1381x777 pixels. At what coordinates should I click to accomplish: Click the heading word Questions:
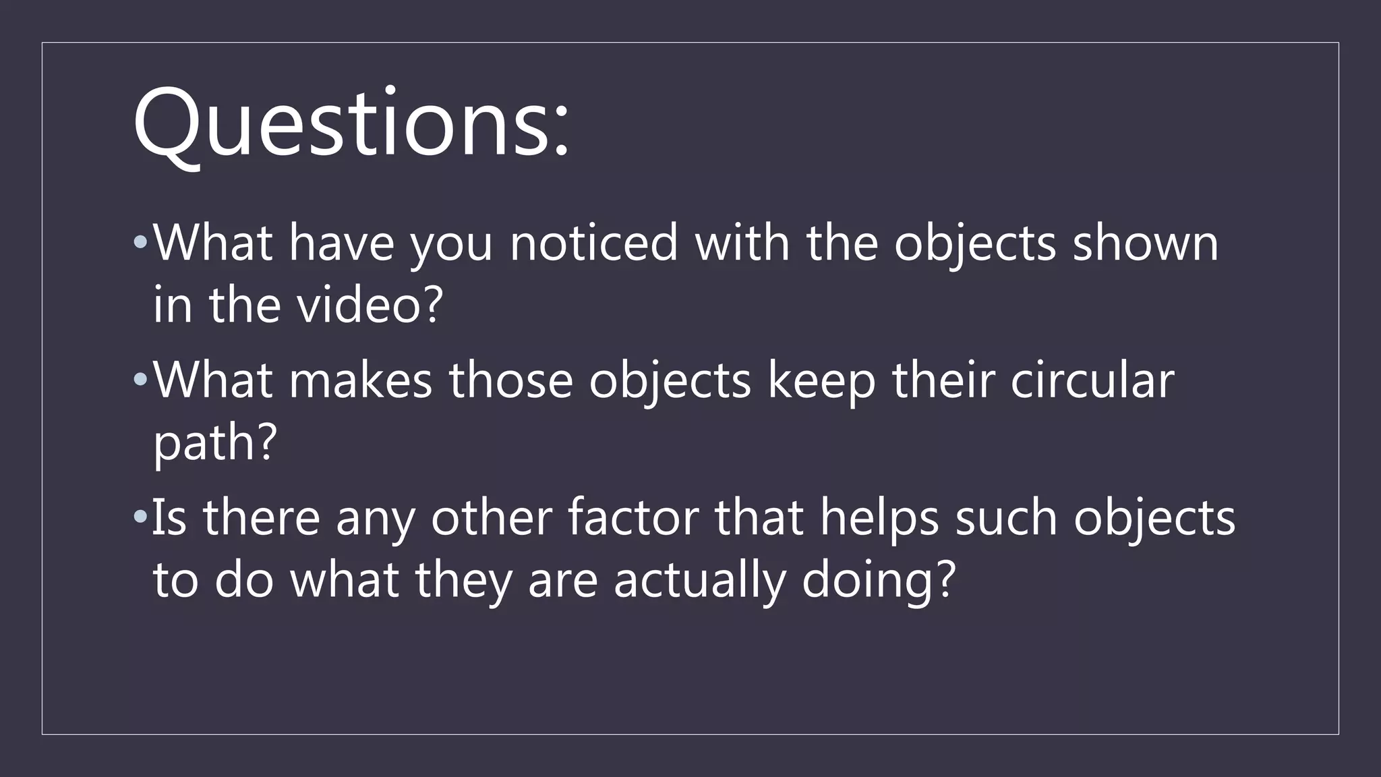351,125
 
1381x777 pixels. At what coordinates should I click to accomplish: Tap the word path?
215,443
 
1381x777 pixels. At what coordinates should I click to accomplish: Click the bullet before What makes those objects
140,380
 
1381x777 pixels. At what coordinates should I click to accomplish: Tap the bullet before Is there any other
140,517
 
